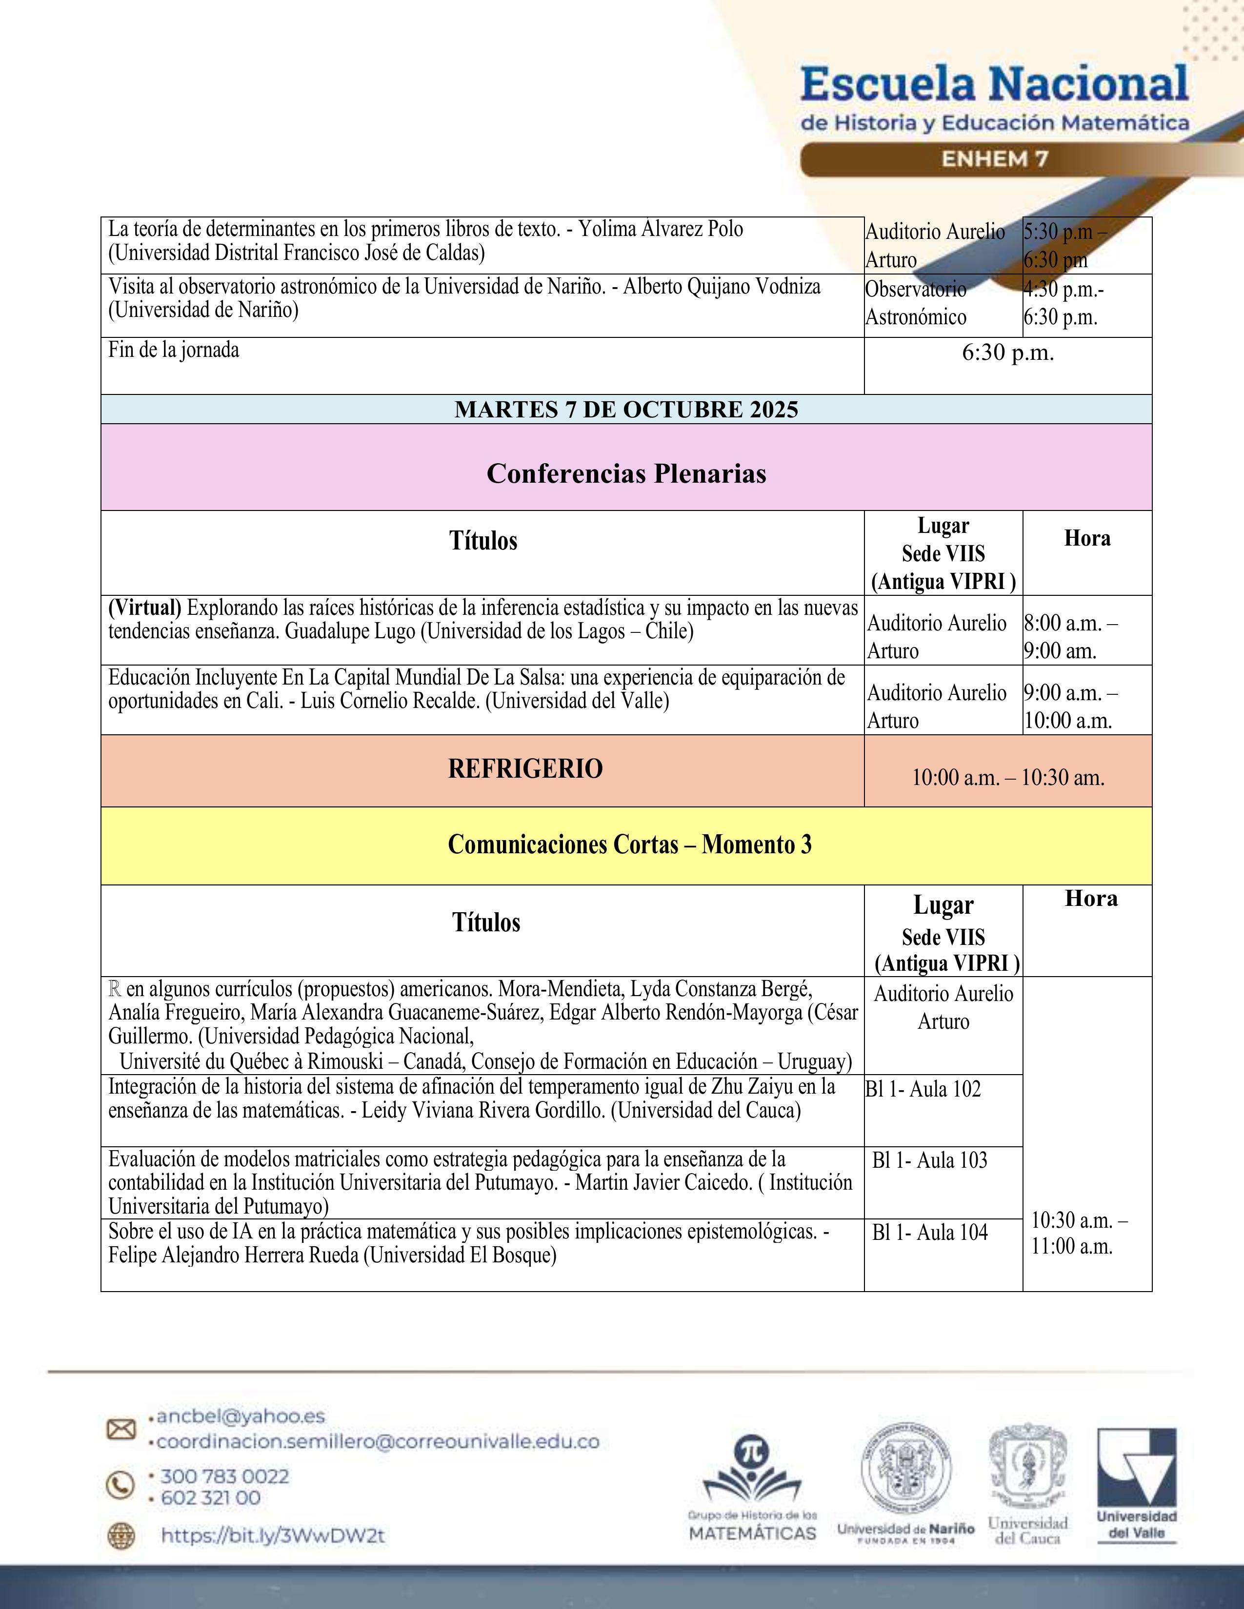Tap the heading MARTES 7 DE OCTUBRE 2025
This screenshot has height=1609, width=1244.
coord(626,410)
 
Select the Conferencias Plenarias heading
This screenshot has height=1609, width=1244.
coord(626,474)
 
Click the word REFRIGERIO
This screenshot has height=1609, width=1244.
coord(525,769)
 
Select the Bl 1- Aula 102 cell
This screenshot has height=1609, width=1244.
coord(923,1089)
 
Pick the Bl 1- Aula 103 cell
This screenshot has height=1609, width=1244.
coord(929,1160)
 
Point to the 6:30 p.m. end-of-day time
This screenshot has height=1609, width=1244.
coord(1007,353)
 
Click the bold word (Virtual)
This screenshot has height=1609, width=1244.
coord(144,608)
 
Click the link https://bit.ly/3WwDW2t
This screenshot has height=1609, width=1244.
coord(273,1535)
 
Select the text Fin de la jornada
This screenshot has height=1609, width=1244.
coord(174,350)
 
